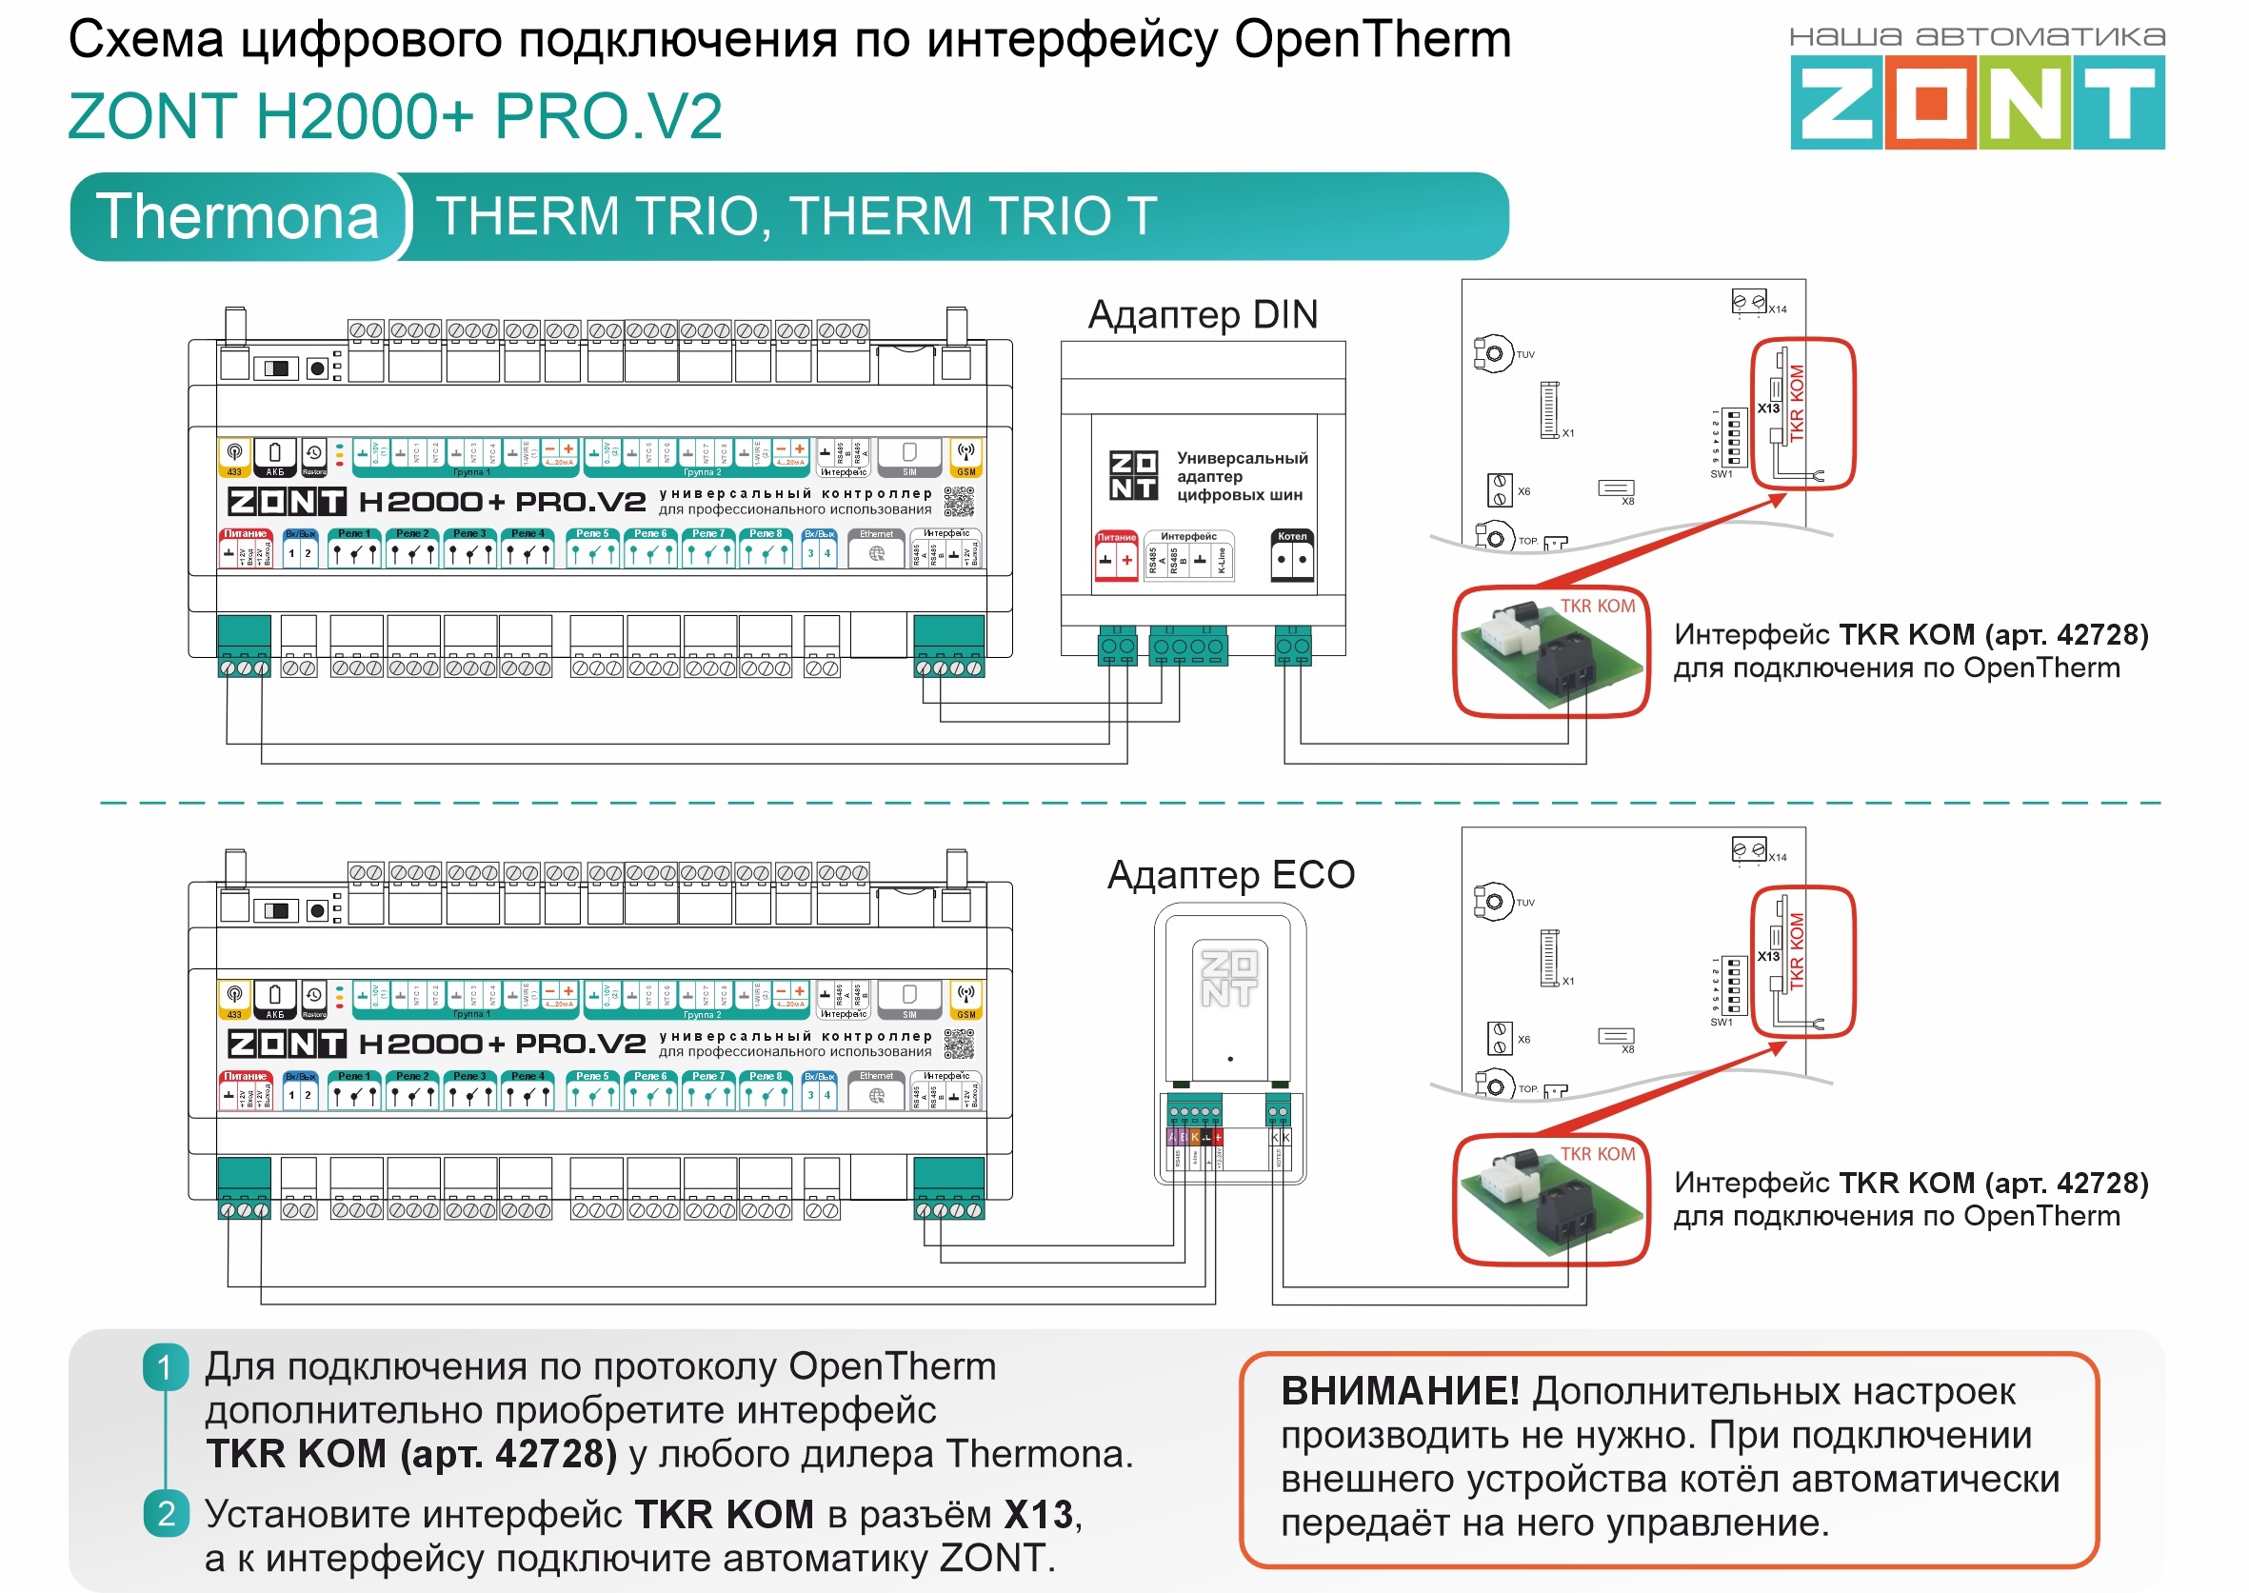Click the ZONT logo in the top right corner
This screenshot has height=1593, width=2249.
click(x=1977, y=101)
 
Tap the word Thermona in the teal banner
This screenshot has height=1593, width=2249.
click(x=237, y=217)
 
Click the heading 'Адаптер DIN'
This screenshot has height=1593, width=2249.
click(x=1203, y=315)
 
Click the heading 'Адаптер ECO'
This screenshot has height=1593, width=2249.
click(x=1231, y=875)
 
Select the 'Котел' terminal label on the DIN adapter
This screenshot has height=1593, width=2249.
click(x=1292, y=537)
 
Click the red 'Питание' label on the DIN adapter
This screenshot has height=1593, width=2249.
click(x=1116, y=538)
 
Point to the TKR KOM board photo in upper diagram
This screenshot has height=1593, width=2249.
click(x=1550, y=652)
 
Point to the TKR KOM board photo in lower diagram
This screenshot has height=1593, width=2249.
click(x=1550, y=1201)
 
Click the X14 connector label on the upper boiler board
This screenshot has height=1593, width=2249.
click(x=1778, y=309)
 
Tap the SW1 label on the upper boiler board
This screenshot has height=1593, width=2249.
click(x=1722, y=475)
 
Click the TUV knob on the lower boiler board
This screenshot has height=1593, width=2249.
click(x=1493, y=902)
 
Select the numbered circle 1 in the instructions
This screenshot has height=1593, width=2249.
click(x=165, y=1367)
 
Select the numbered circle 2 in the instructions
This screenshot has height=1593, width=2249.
click(x=165, y=1514)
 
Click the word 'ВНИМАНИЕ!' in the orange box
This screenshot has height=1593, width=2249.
click(x=1400, y=1392)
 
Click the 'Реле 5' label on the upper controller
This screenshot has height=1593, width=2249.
click(x=592, y=533)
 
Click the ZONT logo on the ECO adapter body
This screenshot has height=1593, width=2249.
click(x=1229, y=979)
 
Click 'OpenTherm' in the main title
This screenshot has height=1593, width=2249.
click(x=1372, y=41)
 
